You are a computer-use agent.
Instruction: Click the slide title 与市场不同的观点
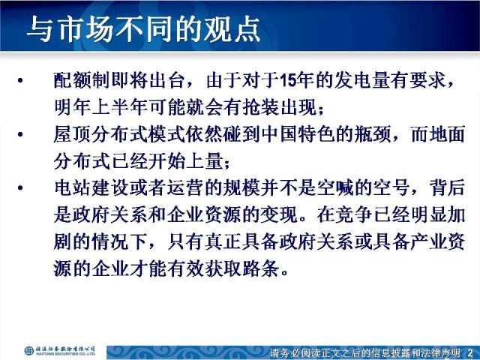pyautogui.click(x=143, y=28)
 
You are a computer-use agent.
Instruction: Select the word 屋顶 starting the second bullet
pyautogui.click(x=72, y=134)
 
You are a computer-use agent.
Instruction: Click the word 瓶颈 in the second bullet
pyautogui.click(x=373, y=134)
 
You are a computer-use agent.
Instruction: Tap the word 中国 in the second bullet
pyautogui.click(x=279, y=134)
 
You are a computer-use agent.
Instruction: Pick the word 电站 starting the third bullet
pyautogui.click(x=72, y=187)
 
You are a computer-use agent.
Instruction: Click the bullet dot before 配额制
pyautogui.click(x=20, y=81)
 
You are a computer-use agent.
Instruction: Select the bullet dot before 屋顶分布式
pyautogui.click(x=20, y=134)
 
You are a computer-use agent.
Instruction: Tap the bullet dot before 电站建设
pyautogui.click(x=20, y=187)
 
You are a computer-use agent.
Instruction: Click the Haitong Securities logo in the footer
pyautogui.click(x=60, y=350)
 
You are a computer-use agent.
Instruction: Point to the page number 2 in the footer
pyautogui.click(x=470, y=352)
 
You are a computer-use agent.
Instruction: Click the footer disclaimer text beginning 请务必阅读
pyautogui.click(x=365, y=352)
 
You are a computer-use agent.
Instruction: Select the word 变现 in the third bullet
pyautogui.click(x=279, y=214)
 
